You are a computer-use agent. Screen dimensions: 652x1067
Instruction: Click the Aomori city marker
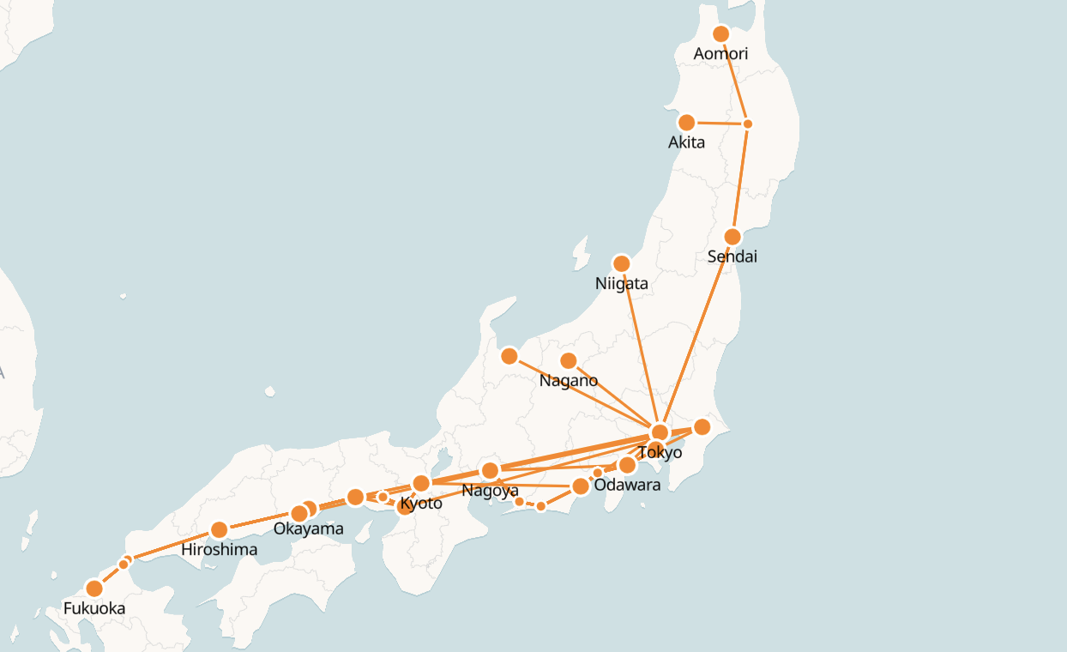tap(720, 33)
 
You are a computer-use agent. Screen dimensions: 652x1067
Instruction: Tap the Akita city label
tap(686, 142)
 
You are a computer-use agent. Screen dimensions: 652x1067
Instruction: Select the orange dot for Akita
tap(686, 123)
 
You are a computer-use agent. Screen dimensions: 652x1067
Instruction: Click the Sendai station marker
tap(732, 237)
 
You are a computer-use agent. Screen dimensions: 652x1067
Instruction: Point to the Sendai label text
tap(732, 257)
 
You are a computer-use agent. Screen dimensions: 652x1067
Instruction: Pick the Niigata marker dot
tap(621, 263)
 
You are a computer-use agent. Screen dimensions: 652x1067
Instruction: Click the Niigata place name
tap(621, 283)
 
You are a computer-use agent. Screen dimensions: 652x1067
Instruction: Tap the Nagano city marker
tap(568, 361)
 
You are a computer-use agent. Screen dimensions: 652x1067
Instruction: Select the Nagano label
tap(568, 381)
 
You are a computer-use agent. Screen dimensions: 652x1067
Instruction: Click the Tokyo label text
tap(660, 452)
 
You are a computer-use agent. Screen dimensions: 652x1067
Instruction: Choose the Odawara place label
tap(627, 485)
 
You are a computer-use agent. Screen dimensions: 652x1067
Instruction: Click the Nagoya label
tap(490, 491)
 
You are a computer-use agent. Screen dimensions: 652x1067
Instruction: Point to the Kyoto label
tap(421, 503)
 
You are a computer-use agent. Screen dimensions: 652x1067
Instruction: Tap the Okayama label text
tap(308, 528)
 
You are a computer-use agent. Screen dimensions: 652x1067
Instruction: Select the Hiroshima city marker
tap(219, 529)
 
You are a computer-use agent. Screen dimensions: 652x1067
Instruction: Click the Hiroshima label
tap(219, 549)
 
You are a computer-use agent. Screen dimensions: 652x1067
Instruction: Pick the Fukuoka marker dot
tap(94, 589)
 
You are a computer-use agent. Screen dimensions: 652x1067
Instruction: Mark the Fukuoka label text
tap(94, 609)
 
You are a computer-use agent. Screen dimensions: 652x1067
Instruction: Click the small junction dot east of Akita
tap(747, 124)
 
